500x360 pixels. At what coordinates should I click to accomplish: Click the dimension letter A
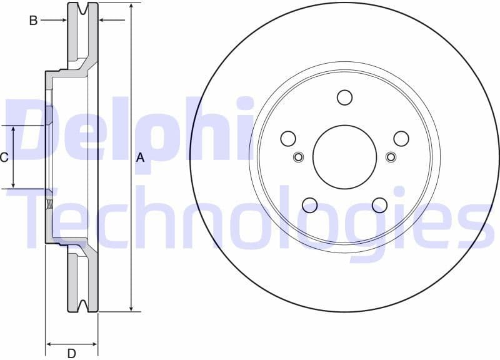click(140, 158)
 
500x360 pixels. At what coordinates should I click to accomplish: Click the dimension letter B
click(33, 21)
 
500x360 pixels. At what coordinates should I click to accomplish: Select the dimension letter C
click(4, 157)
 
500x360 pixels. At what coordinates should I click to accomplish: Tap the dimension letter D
click(71, 353)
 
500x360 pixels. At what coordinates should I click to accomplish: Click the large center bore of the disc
click(344, 156)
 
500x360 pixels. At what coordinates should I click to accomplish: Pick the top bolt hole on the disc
click(344, 97)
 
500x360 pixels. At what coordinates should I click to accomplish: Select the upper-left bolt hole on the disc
click(288, 138)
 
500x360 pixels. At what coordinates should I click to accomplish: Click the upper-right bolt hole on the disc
click(401, 138)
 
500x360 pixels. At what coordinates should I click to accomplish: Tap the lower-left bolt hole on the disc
click(309, 204)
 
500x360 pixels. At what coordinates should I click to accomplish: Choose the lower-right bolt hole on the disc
click(379, 204)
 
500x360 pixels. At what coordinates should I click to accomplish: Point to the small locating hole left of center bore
click(298, 156)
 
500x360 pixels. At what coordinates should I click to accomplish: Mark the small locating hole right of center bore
click(391, 156)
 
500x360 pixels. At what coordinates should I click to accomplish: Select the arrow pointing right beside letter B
click(62, 21)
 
